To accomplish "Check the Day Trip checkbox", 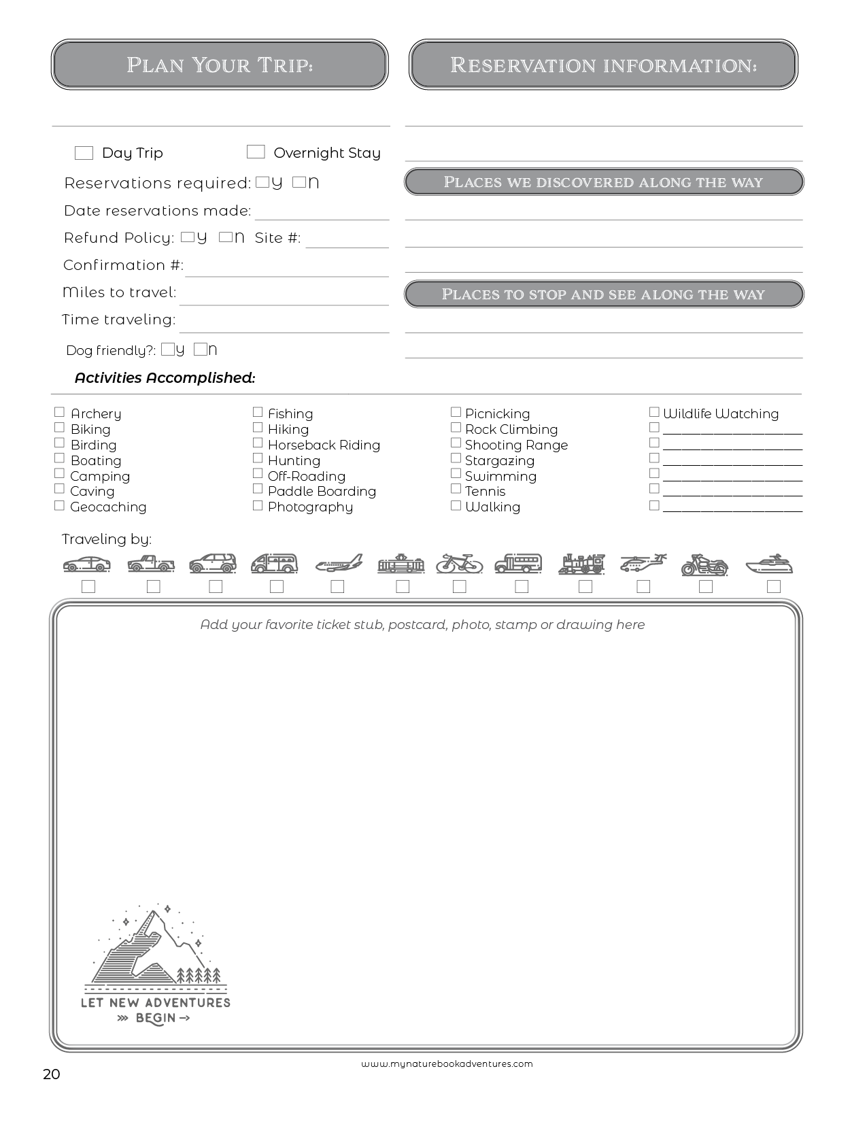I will pyautogui.click(x=84, y=153).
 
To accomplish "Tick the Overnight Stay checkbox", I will pyautogui.click(x=256, y=152).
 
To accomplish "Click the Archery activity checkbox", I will pyautogui.click(x=59, y=412).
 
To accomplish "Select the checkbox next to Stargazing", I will pyautogui.click(x=456, y=458).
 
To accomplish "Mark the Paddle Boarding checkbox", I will pyautogui.click(x=258, y=489).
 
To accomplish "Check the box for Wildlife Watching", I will pyautogui.click(x=654, y=412).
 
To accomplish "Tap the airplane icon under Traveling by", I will pyautogui.click(x=339, y=564).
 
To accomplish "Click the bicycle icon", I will pyautogui.click(x=460, y=564).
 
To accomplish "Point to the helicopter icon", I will pyautogui.click(x=643, y=564).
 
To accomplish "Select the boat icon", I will pyautogui.click(x=769, y=564).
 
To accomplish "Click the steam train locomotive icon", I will pyautogui.click(x=582, y=564).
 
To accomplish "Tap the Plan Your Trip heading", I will pyautogui.click(x=220, y=65).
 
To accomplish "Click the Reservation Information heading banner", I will pyautogui.click(x=603, y=65).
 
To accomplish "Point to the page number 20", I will pyautogui.click(x=52, y=1074).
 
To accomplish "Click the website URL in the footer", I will pyautogui.click(x=447, y=1064).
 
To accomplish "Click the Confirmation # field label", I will pyautogui.click(x=123, y=265).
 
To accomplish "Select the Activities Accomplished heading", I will pyautogui.click(x=165, y=378).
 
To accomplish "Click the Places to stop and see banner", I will pyautogui.click(x=603, y=294).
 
